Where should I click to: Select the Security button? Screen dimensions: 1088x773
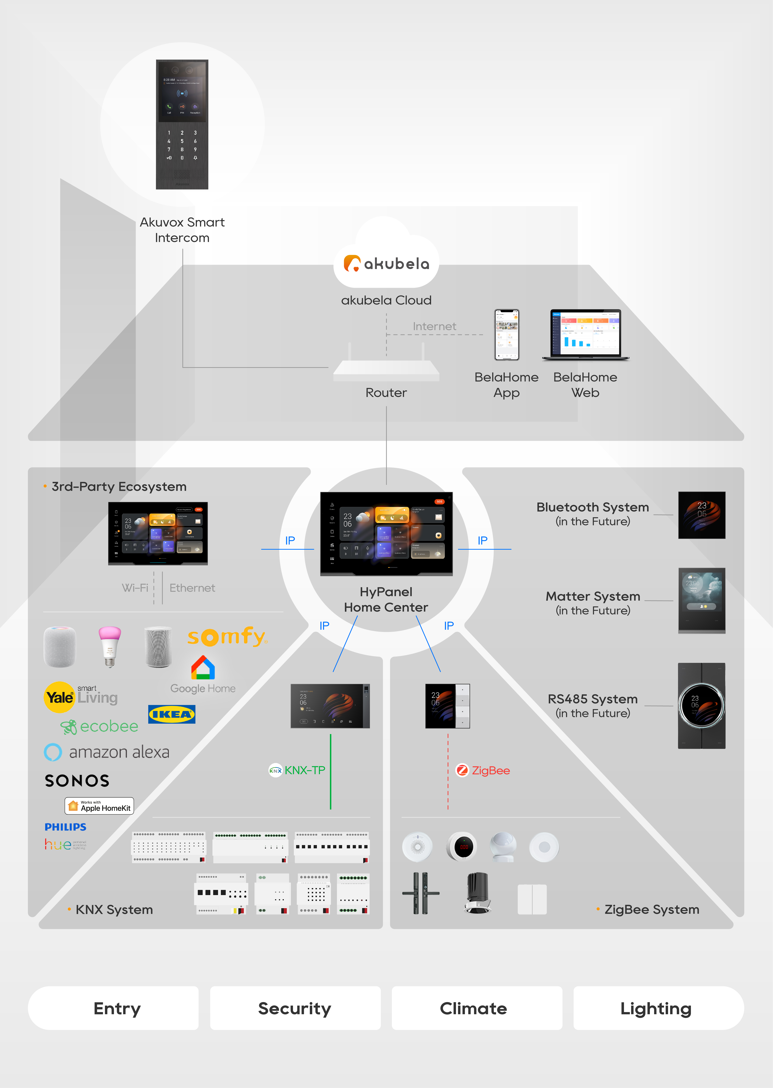(295, 1008)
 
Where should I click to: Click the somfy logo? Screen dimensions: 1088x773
(227, 636)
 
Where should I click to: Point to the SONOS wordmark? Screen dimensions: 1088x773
(77, 781)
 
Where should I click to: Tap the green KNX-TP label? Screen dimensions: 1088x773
(297, 770)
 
